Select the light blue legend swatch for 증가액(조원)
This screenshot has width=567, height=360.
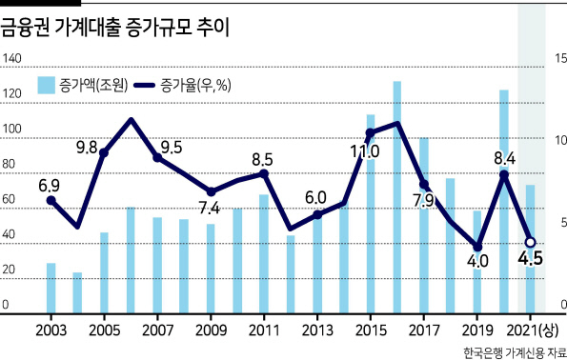point(47,86)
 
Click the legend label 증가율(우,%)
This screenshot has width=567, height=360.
point(195,86)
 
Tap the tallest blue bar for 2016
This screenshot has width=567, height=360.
point(397,197)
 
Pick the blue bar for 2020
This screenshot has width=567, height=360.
point(504,201)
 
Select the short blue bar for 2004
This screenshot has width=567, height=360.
point(77,292)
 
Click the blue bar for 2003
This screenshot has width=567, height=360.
point(51,288)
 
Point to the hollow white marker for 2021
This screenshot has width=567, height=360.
point(531,242)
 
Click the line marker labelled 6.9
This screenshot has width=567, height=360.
point(51,200)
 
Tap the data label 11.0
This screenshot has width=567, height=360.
point(365,151)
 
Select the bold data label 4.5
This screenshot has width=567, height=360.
point(531,258)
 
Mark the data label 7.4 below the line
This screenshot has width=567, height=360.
point(210,208)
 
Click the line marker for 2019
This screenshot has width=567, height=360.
point(477,247)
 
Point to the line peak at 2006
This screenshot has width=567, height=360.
point(131,120)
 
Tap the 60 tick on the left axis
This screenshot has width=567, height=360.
point(8,199)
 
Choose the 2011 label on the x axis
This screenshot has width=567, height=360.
point(264,330)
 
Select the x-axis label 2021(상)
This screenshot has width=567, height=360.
point(533,330)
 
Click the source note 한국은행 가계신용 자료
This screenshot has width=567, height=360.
point(515,352)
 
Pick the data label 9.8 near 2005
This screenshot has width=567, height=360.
point(87,148)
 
